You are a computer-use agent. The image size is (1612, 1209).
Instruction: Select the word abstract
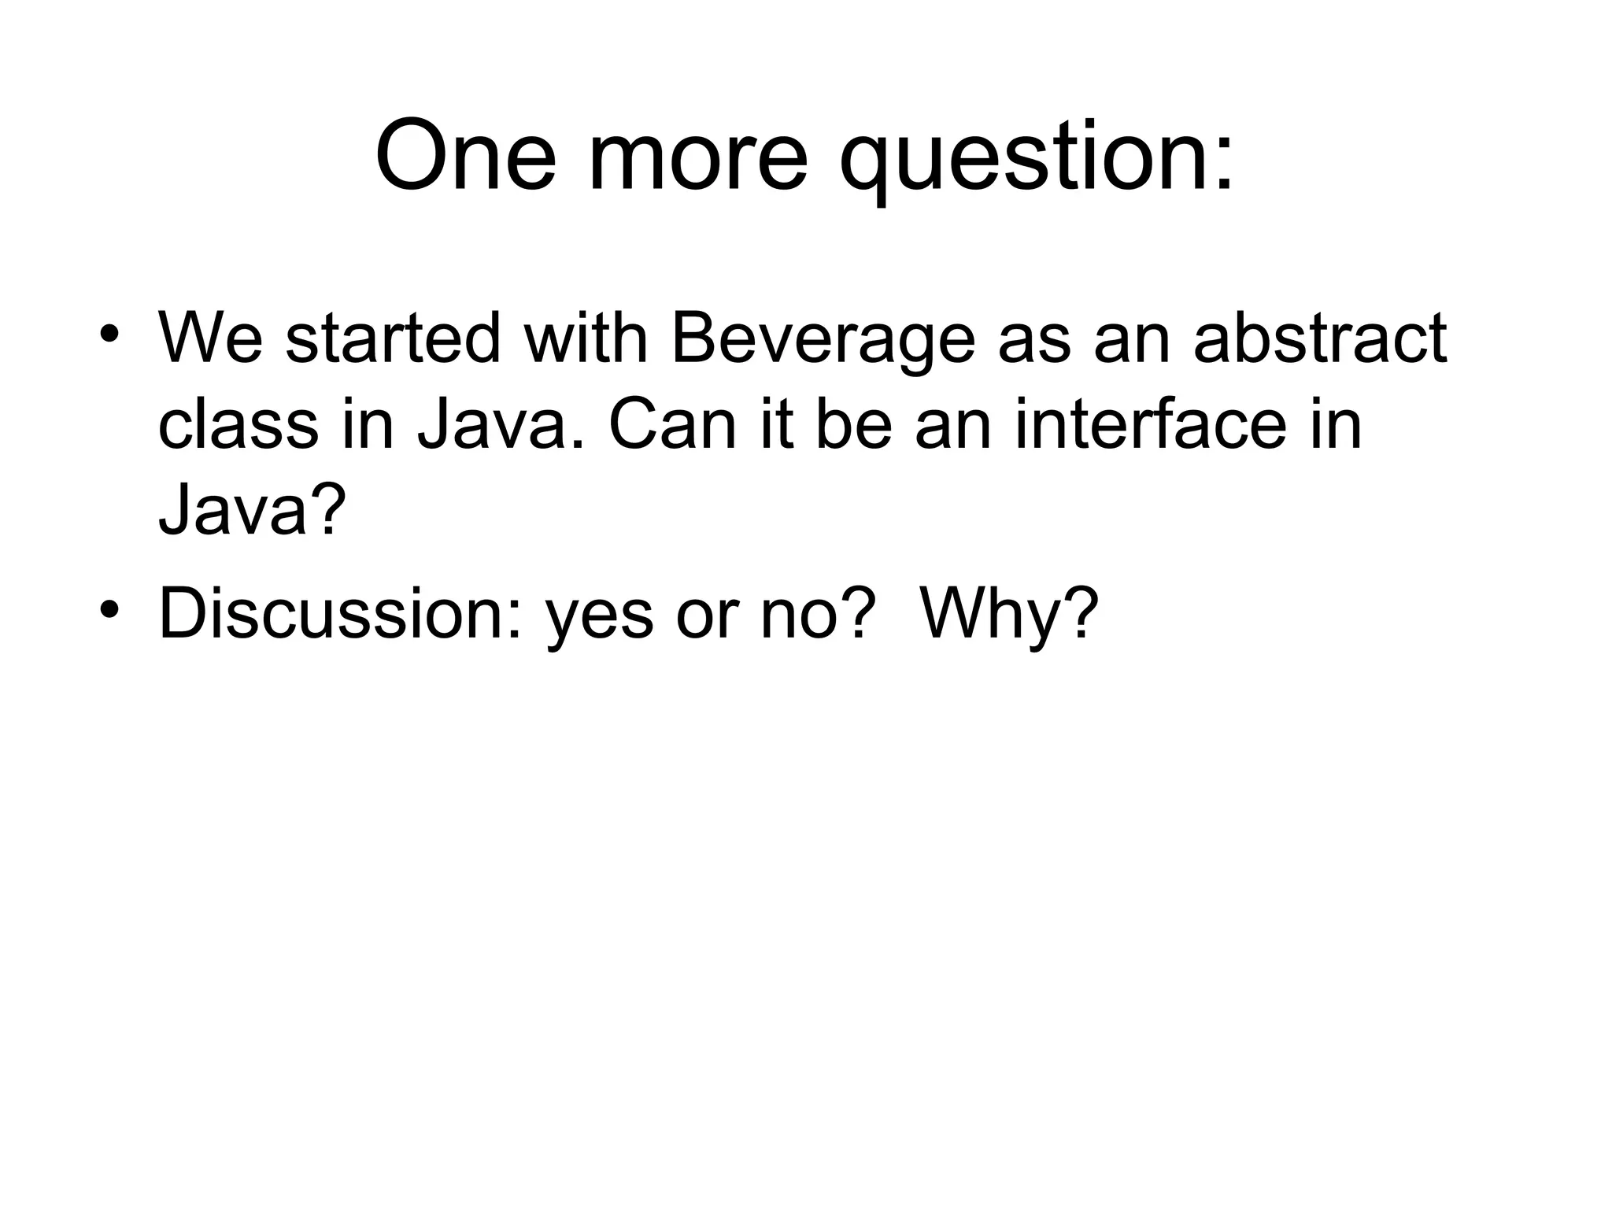click(x=1320, y=338)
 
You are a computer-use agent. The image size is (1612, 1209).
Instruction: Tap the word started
click(x=392, y=338)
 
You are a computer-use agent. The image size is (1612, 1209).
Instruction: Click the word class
click(x=238, y=425)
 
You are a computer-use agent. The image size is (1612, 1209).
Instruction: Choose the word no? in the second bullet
click(x=818, y=614)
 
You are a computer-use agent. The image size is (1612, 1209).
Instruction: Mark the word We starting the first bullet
click(x=210, y=338)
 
